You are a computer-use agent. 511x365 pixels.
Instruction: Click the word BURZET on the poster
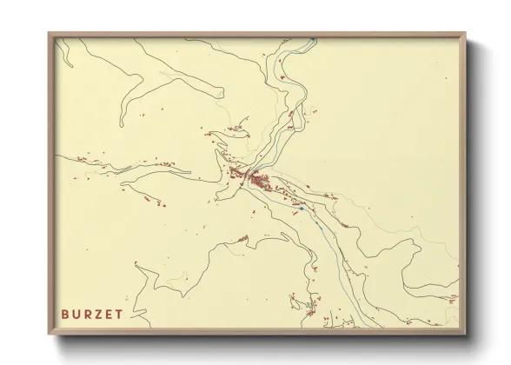pos(91,313)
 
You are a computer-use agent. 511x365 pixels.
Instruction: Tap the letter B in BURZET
pos(65,313)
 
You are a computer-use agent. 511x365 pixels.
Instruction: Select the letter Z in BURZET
pos(97,313)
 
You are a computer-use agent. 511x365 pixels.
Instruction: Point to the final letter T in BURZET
pos(118,313)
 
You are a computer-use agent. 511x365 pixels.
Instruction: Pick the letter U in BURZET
pos(76,313)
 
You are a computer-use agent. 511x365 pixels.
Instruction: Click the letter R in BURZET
pos(86,313)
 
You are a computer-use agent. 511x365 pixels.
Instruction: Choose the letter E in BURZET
pos(108,313)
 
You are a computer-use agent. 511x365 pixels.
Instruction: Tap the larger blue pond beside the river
pos(300,209)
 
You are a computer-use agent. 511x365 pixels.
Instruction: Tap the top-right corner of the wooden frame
pos(465,34)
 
